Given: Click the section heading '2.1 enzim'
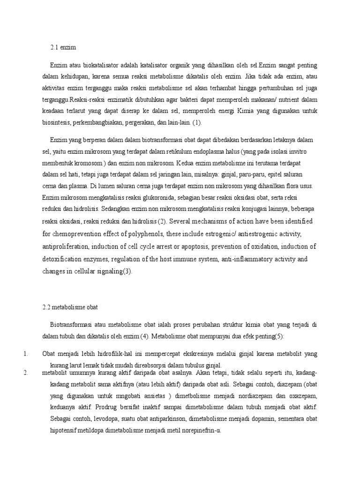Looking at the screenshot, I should pos(63,47).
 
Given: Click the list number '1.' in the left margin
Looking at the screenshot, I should pos(26,353).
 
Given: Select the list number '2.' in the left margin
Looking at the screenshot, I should pos(26,373).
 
